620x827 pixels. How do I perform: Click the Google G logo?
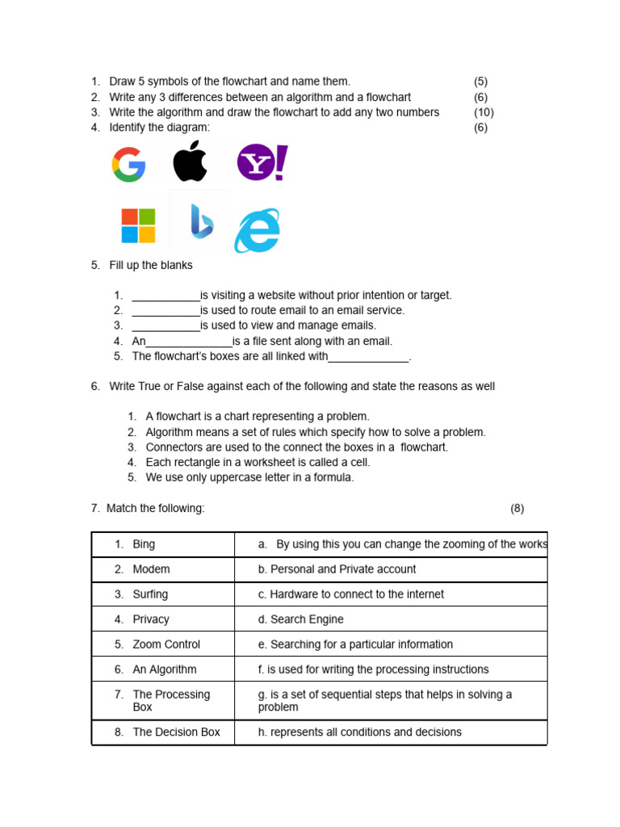(128, 165)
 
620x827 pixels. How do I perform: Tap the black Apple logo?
(191, 162)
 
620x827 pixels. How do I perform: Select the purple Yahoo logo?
(262, 162)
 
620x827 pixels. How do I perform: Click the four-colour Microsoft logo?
(138, 225)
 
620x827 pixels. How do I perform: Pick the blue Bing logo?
(201, 222)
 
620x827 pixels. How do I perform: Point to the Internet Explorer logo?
(257, 231)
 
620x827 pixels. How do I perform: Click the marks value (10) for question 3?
(483, 112)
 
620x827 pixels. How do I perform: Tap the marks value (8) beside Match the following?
(517, 508)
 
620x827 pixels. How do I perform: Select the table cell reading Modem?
(151, 569)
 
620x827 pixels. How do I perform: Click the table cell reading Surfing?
(150, 594)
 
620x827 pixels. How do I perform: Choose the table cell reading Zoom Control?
(165, 644)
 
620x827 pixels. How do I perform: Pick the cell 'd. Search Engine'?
(300, 619)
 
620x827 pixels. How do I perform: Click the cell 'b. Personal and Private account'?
(337, 569)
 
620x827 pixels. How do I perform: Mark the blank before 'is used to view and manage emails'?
(165, 325)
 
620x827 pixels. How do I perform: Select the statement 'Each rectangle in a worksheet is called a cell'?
(258, 462)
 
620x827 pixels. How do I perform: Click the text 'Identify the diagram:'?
(159, 128)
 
